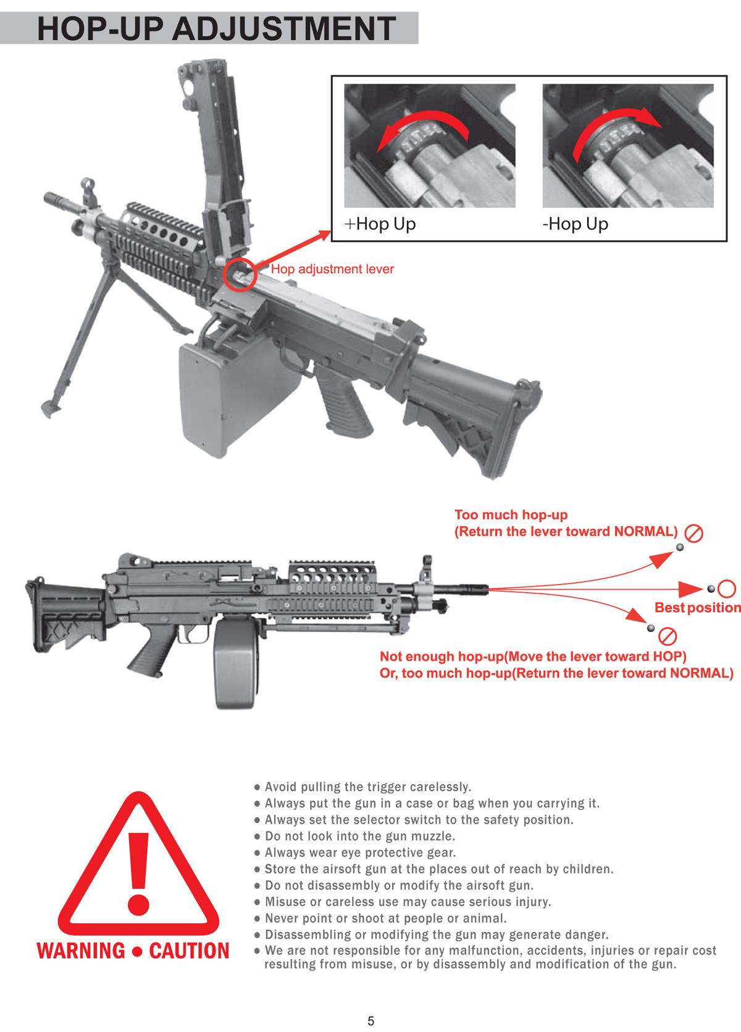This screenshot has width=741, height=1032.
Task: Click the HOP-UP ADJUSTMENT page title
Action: (216, 28)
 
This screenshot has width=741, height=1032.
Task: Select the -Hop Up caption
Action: (575, 224)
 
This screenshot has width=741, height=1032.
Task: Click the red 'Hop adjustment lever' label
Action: (332, 269)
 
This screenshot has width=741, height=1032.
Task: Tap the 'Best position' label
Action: (697, 608)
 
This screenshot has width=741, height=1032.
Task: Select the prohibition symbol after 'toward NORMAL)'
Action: (693, 533)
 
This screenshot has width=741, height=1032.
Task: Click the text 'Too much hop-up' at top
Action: (511, 515)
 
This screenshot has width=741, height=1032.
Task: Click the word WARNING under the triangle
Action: (80, 950)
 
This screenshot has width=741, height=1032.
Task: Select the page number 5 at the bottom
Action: (371, 1021)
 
